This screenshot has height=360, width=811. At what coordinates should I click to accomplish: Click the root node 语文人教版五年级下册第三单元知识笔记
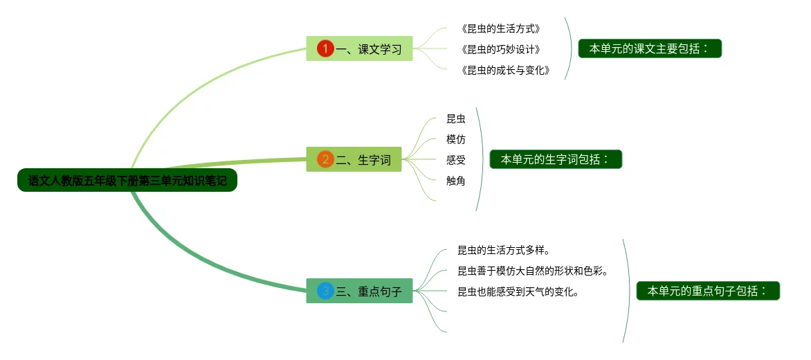pos(127,181)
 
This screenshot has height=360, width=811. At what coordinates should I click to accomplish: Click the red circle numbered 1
pos(325,48)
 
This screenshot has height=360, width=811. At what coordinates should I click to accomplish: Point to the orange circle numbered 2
pos(325,159)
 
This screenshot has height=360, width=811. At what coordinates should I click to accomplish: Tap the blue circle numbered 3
pos(325,291)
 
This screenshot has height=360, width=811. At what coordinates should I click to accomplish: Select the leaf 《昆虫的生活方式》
pos(500,29)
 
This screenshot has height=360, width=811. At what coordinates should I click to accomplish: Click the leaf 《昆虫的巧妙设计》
pos(500,49)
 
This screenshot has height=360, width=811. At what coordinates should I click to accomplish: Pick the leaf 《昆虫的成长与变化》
pos(504,70)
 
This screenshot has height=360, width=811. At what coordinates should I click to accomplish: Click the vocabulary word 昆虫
pos(456,119)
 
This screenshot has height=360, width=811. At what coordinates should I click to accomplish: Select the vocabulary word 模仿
pos(456,140)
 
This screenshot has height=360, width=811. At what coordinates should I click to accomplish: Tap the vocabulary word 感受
pos(456,161)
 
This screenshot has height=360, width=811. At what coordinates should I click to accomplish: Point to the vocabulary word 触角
pos(456,181)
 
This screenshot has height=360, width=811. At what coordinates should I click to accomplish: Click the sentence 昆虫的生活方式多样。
pos(504,250)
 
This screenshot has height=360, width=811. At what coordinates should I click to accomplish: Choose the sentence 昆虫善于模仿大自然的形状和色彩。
pos(532,271)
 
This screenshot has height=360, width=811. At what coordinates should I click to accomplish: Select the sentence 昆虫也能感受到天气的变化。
pos(518,291)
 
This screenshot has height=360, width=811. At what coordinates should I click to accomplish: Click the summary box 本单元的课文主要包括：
pos(650,48)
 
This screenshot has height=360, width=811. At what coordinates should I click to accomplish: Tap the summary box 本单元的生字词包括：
pos(556,159)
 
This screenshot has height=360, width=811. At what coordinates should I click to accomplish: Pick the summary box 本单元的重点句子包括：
pos(708,291)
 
